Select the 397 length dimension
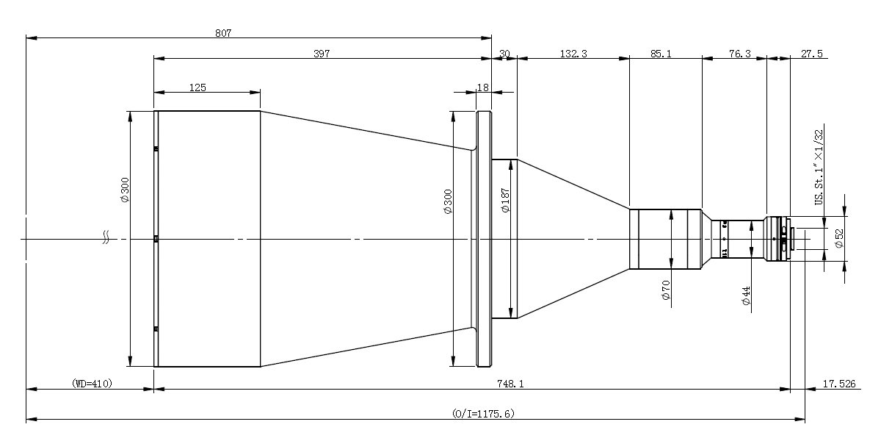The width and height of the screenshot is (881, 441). click(322, 53)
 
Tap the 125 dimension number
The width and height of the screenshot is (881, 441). click(197, 87)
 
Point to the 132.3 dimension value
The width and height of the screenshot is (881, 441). click(573, 53)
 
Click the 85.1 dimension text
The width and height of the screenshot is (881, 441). click(661, 53)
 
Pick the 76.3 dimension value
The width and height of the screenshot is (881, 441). click(739, 53)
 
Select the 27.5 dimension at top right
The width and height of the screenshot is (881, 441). click(812, 53)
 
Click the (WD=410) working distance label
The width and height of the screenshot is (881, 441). click(92, 383)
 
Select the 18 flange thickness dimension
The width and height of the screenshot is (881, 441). click(482, 87)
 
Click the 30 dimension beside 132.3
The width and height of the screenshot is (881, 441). click(504, 53)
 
